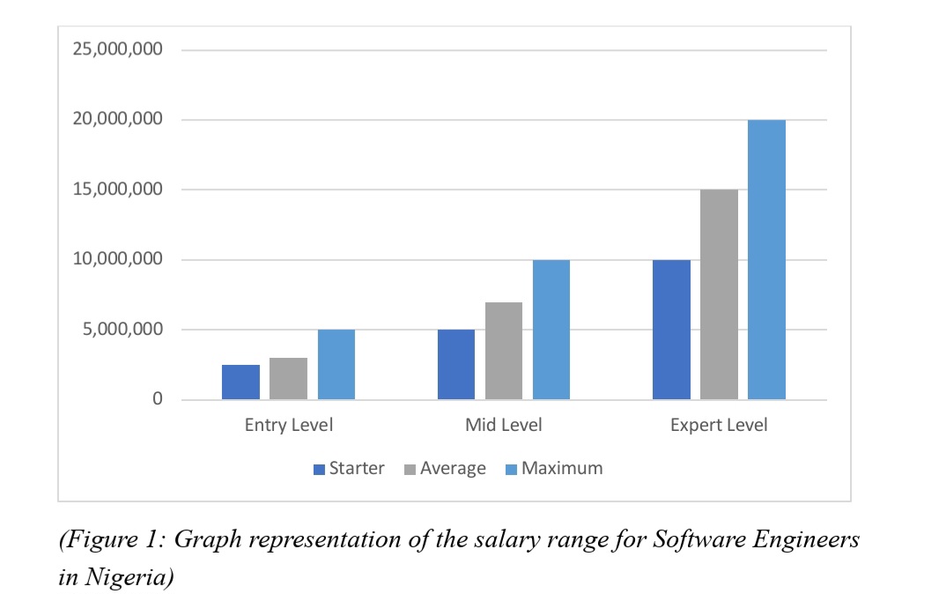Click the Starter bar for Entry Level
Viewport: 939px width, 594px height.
click(240, 382)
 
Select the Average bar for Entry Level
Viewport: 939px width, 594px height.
click(288, 379)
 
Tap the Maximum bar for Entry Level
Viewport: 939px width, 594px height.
click(336, 365)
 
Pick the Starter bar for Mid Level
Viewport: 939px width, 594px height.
click(456, 365)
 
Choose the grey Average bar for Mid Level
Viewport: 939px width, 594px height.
click(504, 351)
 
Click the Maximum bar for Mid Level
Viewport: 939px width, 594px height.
click(551, 330)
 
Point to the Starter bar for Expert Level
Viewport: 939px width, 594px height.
click(671, 330)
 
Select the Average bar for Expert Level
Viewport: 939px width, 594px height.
click(720, 294)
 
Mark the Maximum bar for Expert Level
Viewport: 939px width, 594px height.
click(767, 260)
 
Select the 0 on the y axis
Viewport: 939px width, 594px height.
click(158, 399)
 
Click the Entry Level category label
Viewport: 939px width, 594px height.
click(289, 426)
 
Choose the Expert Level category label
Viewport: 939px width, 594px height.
click(719, 426)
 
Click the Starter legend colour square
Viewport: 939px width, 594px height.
click(320, 470)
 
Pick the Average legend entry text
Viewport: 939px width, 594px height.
click(453, 469)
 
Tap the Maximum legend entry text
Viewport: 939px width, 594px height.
click(562, 469)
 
